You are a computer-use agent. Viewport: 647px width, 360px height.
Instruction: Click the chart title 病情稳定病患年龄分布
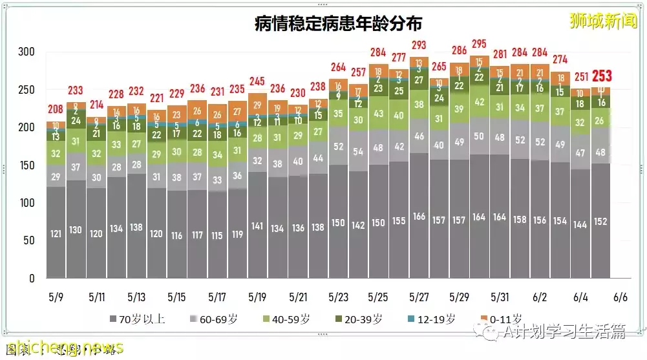338,24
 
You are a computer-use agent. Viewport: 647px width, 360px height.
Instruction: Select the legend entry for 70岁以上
136,319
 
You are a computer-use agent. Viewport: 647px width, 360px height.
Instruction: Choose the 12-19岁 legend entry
432,319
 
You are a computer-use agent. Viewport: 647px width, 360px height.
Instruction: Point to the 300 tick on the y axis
27,52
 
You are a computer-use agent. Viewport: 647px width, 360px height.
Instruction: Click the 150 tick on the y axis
27,165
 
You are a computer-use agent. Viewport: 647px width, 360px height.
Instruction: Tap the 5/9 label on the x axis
56,298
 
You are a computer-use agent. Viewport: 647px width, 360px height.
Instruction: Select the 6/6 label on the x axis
620,298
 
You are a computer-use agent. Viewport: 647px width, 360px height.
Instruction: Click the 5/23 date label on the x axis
338,298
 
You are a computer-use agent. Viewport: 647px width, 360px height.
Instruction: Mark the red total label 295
479,44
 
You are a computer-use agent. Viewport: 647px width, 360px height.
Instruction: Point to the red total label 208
56,110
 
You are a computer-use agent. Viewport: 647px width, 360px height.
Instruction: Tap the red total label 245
257,81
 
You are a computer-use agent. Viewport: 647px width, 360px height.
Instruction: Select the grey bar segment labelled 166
419,217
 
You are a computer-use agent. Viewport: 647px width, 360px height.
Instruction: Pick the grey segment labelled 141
257,226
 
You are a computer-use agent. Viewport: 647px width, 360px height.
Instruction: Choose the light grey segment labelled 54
358,152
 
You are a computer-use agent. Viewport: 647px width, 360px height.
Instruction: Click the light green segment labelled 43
379,114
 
